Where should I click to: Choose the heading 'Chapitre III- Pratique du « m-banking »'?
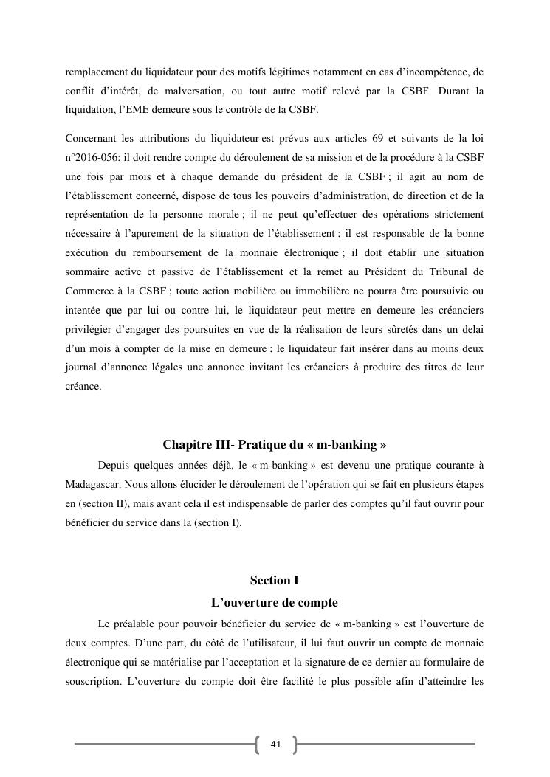[275, 445]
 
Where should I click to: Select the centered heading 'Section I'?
[275, 581]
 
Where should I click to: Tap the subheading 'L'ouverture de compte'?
[275, 603]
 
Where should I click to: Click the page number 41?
[276, 745]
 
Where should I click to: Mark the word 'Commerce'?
[90, 291]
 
